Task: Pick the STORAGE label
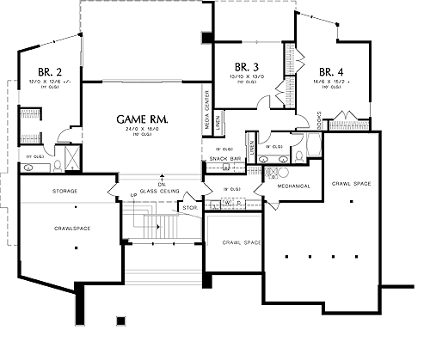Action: [65, 190]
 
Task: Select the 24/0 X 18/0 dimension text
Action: [142, 130]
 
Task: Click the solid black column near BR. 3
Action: [207, 37]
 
